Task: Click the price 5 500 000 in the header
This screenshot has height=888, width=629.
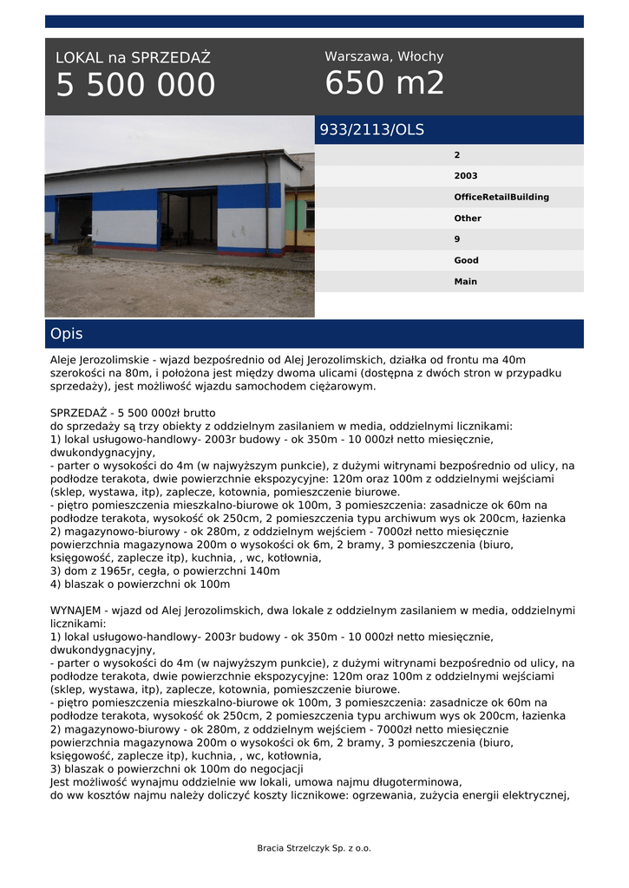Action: point(135,86)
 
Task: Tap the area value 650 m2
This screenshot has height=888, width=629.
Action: point(384,83)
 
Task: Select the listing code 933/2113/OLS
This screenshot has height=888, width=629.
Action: point(372,130)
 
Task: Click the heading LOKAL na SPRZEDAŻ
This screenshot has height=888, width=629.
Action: point(133,58)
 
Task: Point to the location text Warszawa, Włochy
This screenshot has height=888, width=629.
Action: point(383,56)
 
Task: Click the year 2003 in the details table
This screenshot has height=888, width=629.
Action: point(465,176)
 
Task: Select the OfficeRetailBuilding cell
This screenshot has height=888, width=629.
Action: point(501,197)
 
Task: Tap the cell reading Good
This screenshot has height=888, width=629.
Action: point(466,260)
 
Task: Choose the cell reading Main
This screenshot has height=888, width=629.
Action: point(465,281)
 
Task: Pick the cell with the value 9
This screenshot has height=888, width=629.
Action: point(457,239)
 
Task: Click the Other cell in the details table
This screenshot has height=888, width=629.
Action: point(467,219)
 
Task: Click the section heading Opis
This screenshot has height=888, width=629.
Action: point(67,334)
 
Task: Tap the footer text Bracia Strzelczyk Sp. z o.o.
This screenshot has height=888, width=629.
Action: point(314,848)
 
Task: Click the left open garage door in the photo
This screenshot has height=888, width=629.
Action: point(75,219)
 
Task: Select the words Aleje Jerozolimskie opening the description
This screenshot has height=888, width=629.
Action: point(101,360)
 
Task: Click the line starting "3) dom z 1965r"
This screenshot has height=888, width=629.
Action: point(165,571)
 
